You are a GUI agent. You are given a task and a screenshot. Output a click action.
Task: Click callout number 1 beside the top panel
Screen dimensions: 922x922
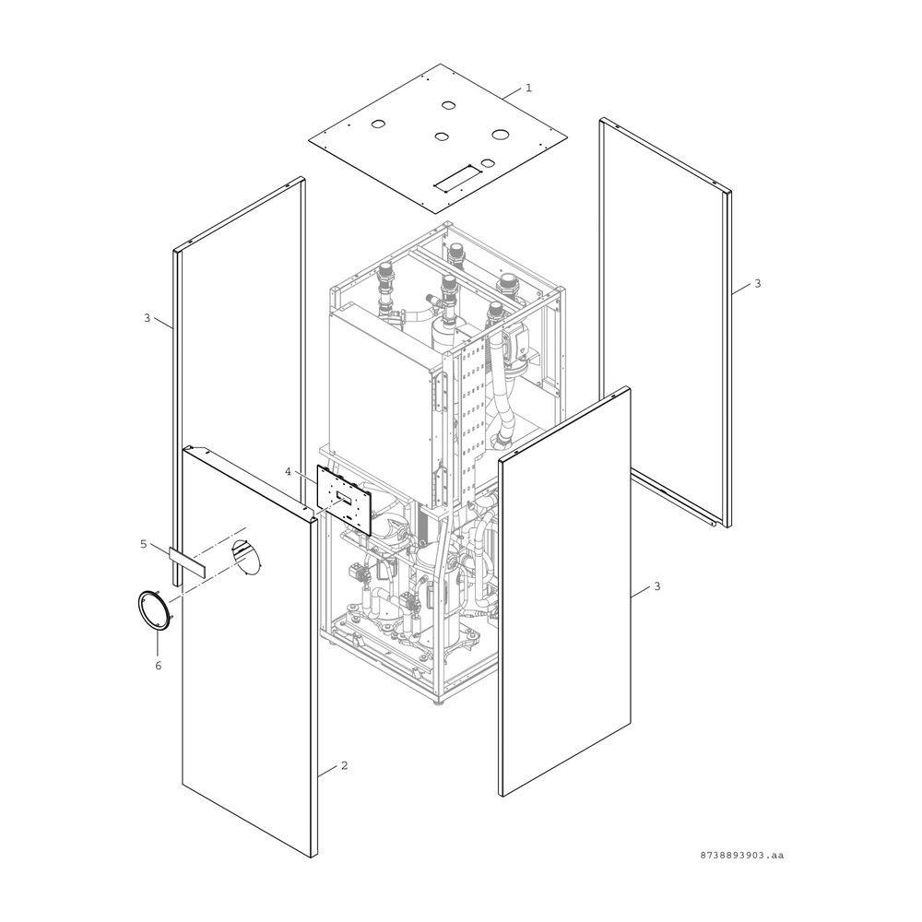coord(528,88)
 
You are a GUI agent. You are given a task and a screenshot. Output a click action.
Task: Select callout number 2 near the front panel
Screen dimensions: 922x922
coord(344,765)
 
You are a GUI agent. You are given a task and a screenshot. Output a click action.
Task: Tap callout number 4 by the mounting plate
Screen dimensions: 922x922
coord(288,471)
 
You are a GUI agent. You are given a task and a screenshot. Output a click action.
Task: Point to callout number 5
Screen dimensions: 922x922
coord(144,544)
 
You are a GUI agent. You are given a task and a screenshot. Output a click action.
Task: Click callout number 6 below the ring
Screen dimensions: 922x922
coord(158,666)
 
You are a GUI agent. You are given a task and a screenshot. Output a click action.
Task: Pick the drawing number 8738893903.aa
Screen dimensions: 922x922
coord(741,855)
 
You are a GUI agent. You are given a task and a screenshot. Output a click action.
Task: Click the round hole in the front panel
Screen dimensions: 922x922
coord(246,556)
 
